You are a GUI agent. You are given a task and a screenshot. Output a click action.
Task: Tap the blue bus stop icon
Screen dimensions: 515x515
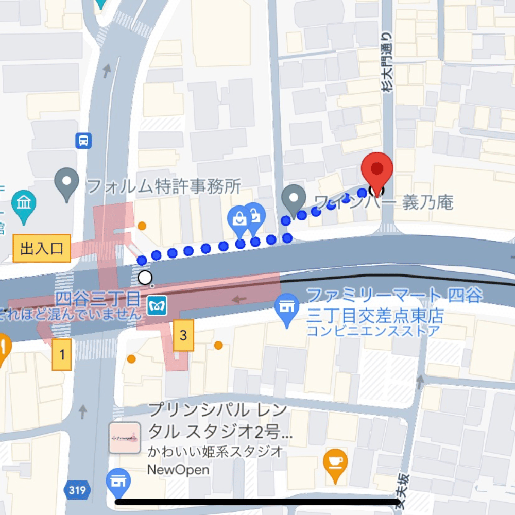pos(83,140)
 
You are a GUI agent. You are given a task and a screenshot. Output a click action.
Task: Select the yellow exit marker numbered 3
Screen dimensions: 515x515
pos(183,336)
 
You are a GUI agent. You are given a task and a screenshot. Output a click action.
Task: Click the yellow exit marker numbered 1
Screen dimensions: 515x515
pos(62,355)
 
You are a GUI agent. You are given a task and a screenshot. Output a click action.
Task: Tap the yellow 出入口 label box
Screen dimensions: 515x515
pos(42,249)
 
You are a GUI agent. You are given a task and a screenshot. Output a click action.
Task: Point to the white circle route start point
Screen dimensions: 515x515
pos(145,278)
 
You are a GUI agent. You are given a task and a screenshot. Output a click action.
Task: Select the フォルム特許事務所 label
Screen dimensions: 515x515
pos(164,186)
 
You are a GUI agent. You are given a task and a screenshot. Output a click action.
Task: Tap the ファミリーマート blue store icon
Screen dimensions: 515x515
pos(287,307)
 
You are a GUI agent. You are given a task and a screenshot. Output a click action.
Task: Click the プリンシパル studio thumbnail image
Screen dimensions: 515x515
pos(125,438)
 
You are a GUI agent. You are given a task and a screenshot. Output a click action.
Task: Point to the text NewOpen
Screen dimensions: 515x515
pos(178,470)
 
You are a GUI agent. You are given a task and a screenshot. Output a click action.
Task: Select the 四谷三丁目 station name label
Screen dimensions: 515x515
pos(97,298)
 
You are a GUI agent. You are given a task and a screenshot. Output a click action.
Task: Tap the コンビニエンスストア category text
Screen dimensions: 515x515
pos(373,331)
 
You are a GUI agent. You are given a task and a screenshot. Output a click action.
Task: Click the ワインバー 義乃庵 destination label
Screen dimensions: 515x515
pos(384,202)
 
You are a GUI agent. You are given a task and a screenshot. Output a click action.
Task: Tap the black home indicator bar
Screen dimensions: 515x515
pos(257,502)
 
